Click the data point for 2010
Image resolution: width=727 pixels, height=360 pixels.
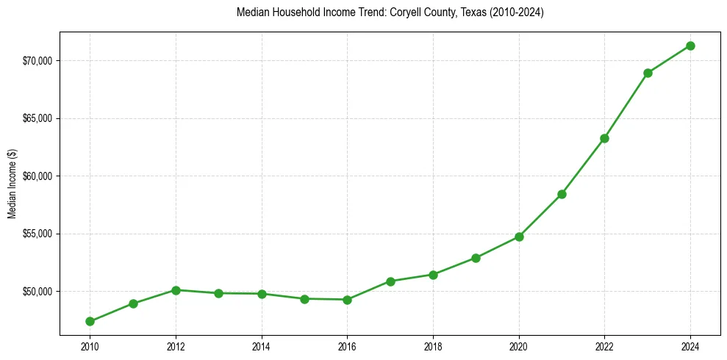pos(90,321)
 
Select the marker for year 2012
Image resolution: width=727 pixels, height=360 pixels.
pos(176,290)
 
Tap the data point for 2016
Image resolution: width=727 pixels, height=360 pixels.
pos(347,300)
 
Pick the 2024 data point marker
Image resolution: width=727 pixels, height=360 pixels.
pos(690,46)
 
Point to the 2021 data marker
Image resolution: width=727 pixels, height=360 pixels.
pos(562,194)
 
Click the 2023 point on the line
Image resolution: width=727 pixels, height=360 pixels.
pos(648,73)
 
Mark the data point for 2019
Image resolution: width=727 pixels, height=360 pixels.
pos(476,258)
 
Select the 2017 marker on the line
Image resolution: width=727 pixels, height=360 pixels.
pos(390,281)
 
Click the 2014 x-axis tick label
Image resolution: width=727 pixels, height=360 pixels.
pos(262,346)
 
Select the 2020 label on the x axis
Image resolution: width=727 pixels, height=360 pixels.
pos(519,346)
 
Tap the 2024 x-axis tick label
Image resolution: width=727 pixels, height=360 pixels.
pos(690,346)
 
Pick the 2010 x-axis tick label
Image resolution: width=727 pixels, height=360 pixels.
pos(90,346)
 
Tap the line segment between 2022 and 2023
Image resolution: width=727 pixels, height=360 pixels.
pos(626,105)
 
